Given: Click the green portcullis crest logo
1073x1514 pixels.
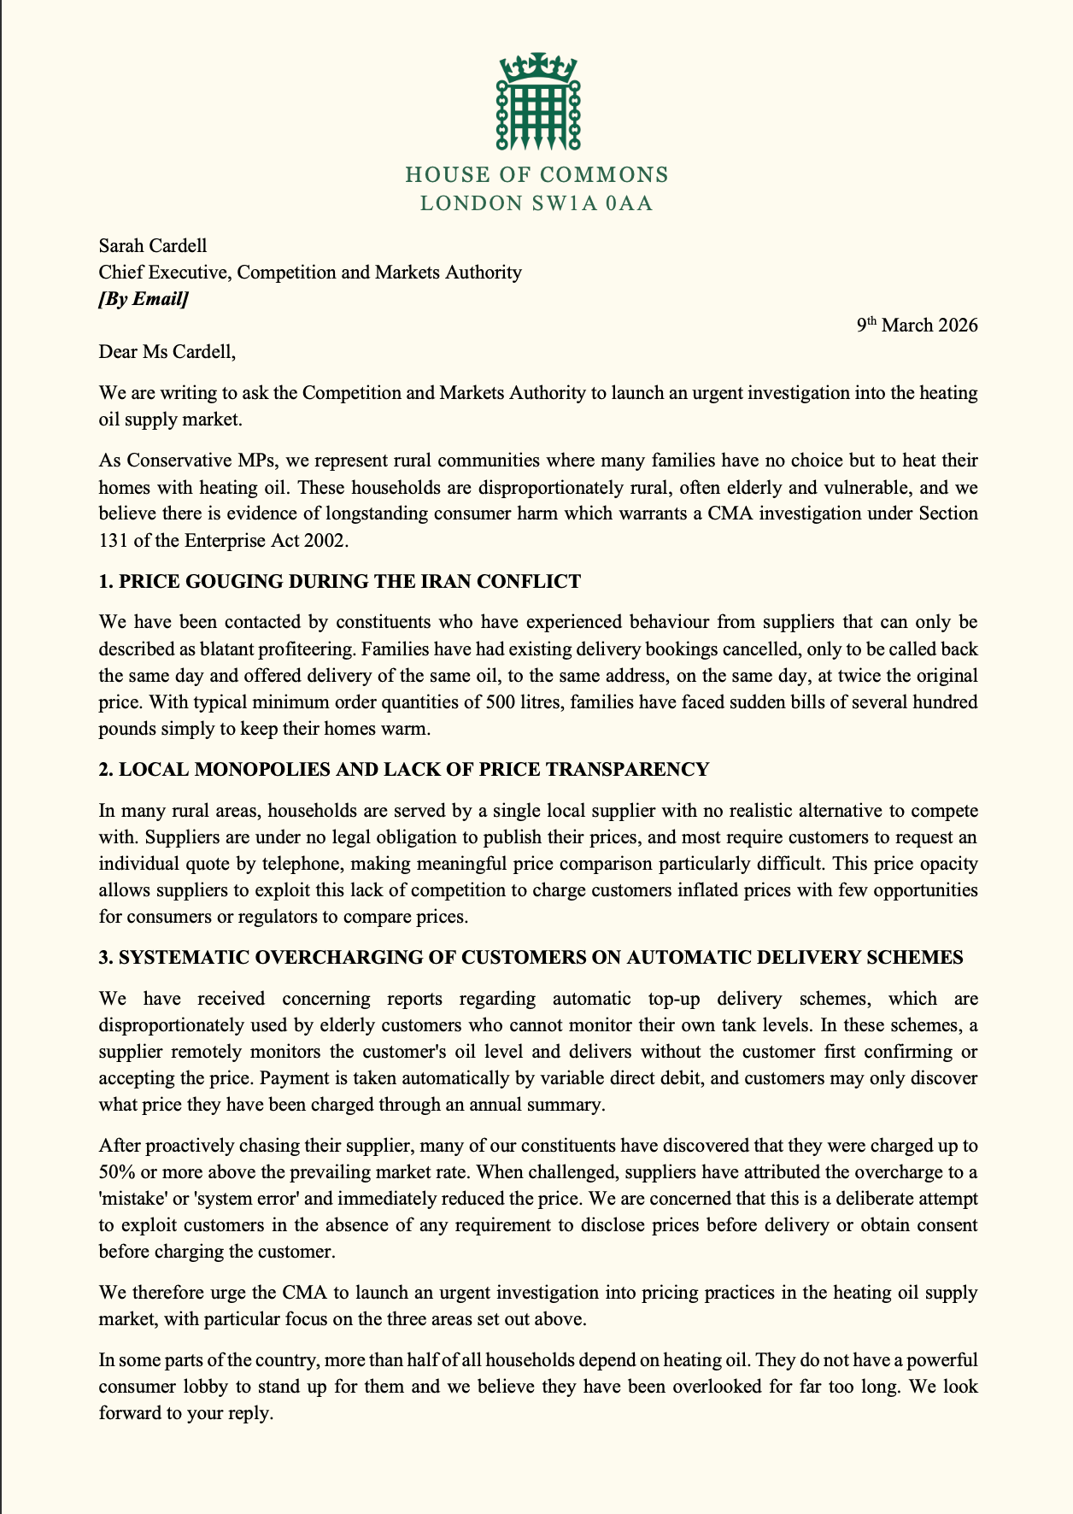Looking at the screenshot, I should [x=536, y=101].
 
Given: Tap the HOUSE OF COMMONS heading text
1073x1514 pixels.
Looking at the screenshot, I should [x=536, y=175].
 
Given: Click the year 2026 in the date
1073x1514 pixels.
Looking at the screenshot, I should [x=955, y=326].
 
